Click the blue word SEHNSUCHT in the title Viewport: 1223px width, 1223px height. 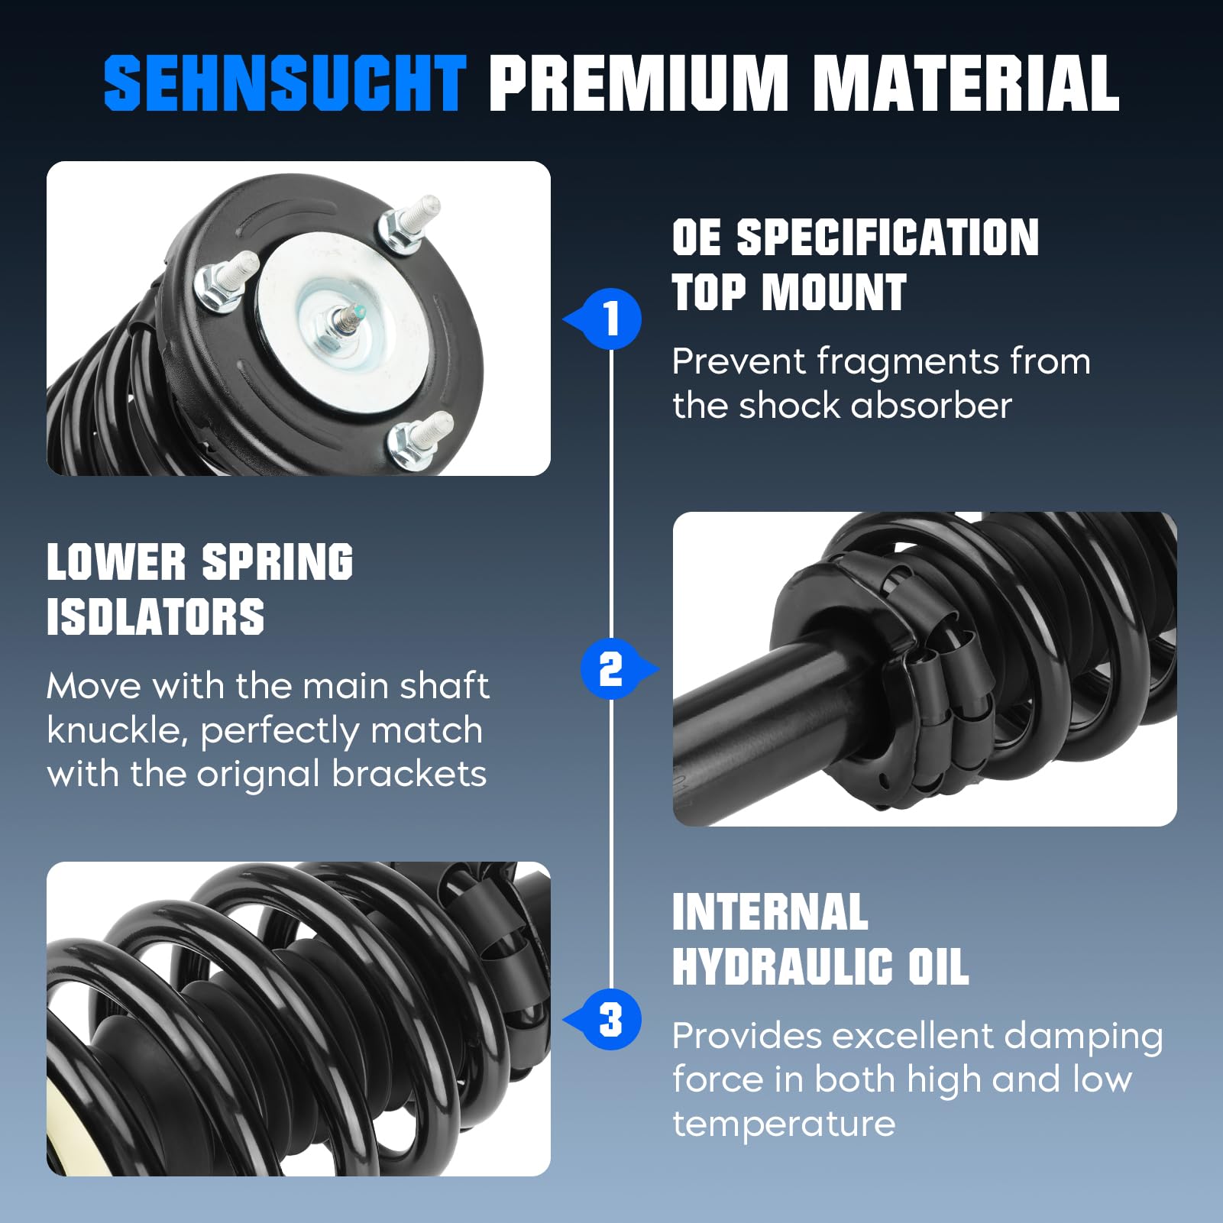click(284, 83)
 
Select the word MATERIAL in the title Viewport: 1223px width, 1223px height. click(966, 83)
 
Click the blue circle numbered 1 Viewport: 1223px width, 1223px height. click(612, 319)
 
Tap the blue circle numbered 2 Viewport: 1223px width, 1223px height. click(610, 669)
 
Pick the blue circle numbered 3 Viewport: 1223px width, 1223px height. click(611, 1020)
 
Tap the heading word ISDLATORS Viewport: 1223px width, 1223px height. click(155, 617)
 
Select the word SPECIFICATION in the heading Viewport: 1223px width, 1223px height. click(887, 237)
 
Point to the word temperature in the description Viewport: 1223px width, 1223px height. click(784, 1124)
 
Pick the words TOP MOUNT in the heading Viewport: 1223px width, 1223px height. click(789, 293)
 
